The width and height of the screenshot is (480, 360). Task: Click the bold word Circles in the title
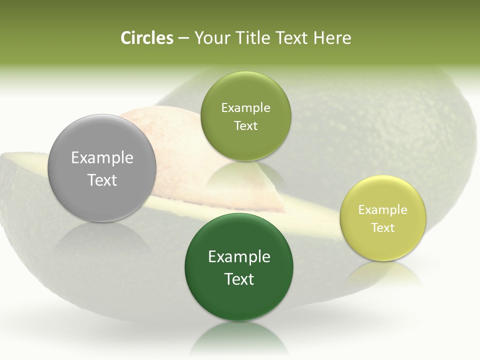[146, 38]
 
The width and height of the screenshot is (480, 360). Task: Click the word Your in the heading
[210, 38]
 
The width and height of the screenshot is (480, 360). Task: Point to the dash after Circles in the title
[183, 38]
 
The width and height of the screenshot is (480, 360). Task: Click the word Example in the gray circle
[102, 158]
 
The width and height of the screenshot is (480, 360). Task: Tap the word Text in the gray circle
[102, 180]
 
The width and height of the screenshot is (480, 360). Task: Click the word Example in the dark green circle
[239, 257]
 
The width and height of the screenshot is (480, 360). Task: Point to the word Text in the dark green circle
[239, 279]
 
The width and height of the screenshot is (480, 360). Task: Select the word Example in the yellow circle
[383, 210]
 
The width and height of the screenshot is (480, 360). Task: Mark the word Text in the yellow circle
[383, 228]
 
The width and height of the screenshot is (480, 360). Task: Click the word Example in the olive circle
[245, 108]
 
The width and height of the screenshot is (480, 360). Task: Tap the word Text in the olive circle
[245, 126]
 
